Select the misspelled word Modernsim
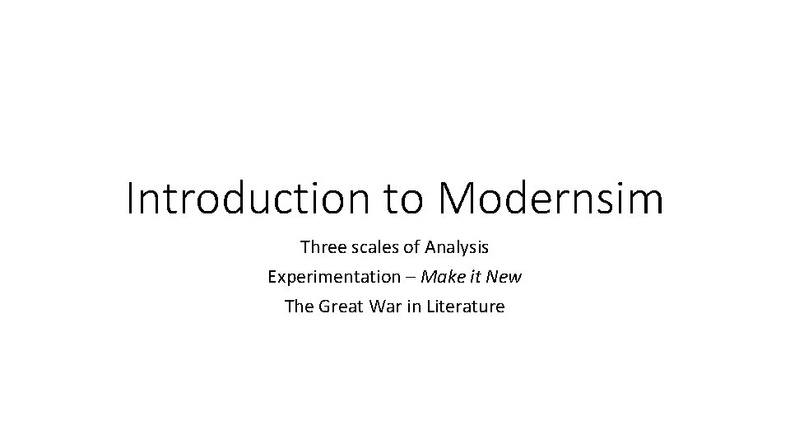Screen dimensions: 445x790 (x=551, y=199)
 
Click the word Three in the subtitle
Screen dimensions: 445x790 (x=322, y=246)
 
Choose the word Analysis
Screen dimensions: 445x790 (x=457, y=246)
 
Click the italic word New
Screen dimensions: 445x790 (x=505, y=277)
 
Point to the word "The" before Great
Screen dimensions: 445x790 (x=298, y=307)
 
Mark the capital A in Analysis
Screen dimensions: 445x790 (x=431, y=246)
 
